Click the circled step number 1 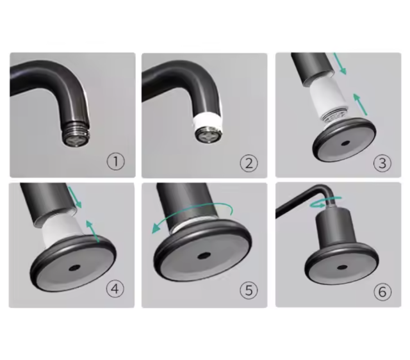116,161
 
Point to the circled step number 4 115,289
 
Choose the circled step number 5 249,290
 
